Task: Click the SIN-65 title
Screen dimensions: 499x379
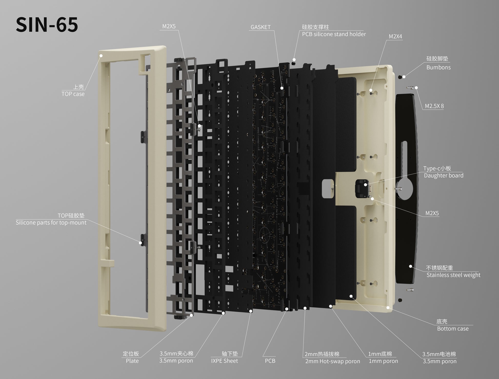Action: coord(47,25)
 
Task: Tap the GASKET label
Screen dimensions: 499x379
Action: coord(261,27)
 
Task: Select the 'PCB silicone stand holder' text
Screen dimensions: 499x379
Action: coord(334,34)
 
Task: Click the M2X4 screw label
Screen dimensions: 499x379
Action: coord(395,36)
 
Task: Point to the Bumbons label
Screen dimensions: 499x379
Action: coord(438,67)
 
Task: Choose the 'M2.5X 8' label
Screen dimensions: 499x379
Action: coord(434,106)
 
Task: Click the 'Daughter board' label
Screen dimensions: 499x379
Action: coord(444,176)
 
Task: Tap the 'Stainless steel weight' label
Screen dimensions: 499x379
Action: coord(453,275)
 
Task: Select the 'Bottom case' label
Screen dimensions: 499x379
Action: coord(453,329)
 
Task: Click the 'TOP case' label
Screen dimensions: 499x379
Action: coord(73,94)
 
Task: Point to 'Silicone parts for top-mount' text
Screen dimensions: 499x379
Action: coord(51,223)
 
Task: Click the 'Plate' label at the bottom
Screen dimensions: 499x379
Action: coord(132,361)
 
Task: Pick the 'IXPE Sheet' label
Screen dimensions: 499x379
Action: coord(225,361)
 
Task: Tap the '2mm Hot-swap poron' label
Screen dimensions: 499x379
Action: coord(333,361)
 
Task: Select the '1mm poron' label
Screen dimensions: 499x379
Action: coord(383,361)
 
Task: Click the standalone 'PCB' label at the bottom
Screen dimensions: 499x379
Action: coord(270,361)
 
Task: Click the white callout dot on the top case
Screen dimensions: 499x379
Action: coord(101,56)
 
